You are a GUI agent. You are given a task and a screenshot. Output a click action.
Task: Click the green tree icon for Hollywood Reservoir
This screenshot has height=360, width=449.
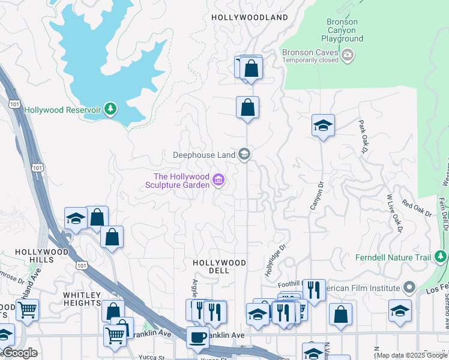click(x=110, y=109)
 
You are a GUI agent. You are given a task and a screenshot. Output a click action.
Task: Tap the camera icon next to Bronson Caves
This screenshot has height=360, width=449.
click(x=348, y=56)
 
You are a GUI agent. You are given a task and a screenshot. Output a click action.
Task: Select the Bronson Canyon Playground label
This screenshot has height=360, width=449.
click(x=345, y=31)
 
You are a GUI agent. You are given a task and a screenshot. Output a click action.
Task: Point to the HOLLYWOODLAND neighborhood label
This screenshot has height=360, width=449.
click(x=250, y=18)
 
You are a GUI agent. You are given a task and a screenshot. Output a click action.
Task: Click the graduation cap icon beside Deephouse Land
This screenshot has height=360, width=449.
click(x=244, y=155)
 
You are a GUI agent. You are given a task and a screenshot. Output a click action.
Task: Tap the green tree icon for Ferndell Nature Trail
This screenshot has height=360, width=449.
click(x=441, y=257)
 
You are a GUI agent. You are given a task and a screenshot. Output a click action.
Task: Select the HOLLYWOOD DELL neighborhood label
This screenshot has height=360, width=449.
click(x=219, y=267)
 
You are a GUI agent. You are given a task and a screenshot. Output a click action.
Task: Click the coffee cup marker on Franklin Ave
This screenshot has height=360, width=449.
click(x=197, y=337)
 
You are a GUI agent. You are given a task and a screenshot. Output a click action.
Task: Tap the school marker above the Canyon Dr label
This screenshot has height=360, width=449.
click(x=323, y=125)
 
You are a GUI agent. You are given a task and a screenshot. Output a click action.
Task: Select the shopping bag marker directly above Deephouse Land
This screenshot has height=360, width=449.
click(x=247, y=108)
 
